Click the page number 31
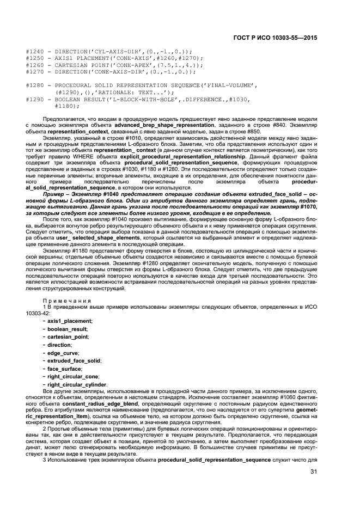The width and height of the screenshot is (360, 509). point(314,471)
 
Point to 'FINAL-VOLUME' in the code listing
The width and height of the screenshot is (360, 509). point(232,85)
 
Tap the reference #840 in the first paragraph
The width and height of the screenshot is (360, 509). point(269,125)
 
